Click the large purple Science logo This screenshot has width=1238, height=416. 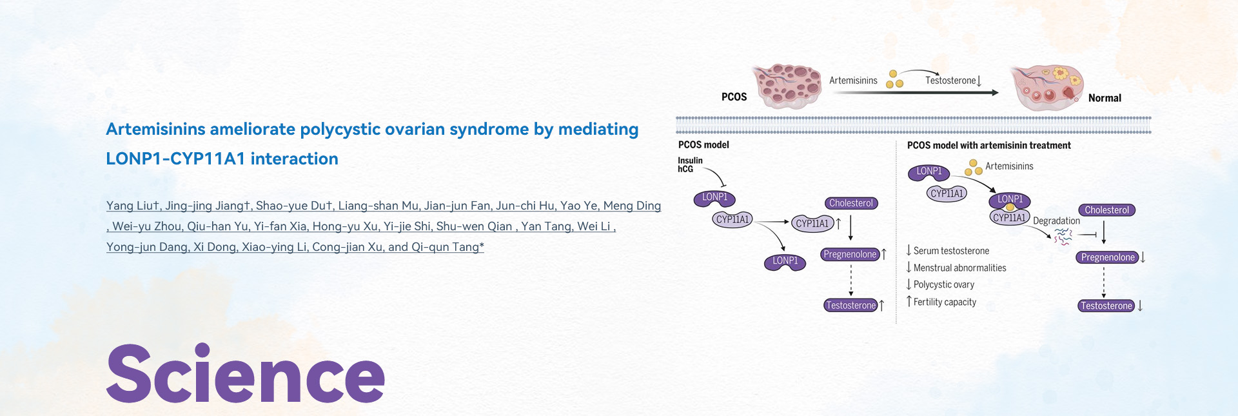pos(246,373)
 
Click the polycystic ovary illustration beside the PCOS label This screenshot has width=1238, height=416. pos(787,86)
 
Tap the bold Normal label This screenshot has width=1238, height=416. pos(1105,98)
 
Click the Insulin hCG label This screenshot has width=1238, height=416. pos(690,164)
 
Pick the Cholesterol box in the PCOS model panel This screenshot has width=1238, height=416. pos(851,203)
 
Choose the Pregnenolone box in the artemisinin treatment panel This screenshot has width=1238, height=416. pos(1108,257)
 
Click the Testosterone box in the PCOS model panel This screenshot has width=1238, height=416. pos(851,306)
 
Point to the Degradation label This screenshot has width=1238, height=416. pos(1056,221)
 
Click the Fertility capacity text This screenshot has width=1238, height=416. pos(945,302)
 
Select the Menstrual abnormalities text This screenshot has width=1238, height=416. pos(959,268)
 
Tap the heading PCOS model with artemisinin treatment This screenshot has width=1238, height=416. pos(988,146)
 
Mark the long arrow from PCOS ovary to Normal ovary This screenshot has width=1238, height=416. pos(916,93)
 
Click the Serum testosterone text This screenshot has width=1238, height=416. pos(951,251)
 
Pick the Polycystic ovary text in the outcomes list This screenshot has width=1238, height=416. pos(943,285)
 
